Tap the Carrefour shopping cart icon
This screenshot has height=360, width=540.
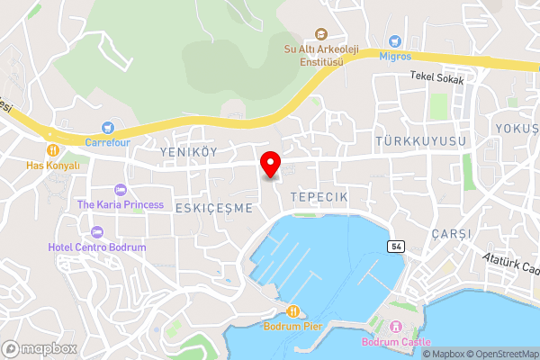tap(109, 129)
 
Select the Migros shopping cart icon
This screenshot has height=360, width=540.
tap(394, 40)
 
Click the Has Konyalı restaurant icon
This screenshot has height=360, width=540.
tap(53, 150)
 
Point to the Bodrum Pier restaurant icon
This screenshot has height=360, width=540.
tap(292, 311)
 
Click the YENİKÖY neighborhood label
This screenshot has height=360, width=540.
tap(188, 152)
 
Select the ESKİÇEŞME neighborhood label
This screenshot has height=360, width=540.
tap(214, 207)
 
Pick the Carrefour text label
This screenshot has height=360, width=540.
tap(109, 142)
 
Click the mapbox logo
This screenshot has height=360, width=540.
tap(39, 348)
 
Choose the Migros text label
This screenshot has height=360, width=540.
tap(395, 55)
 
